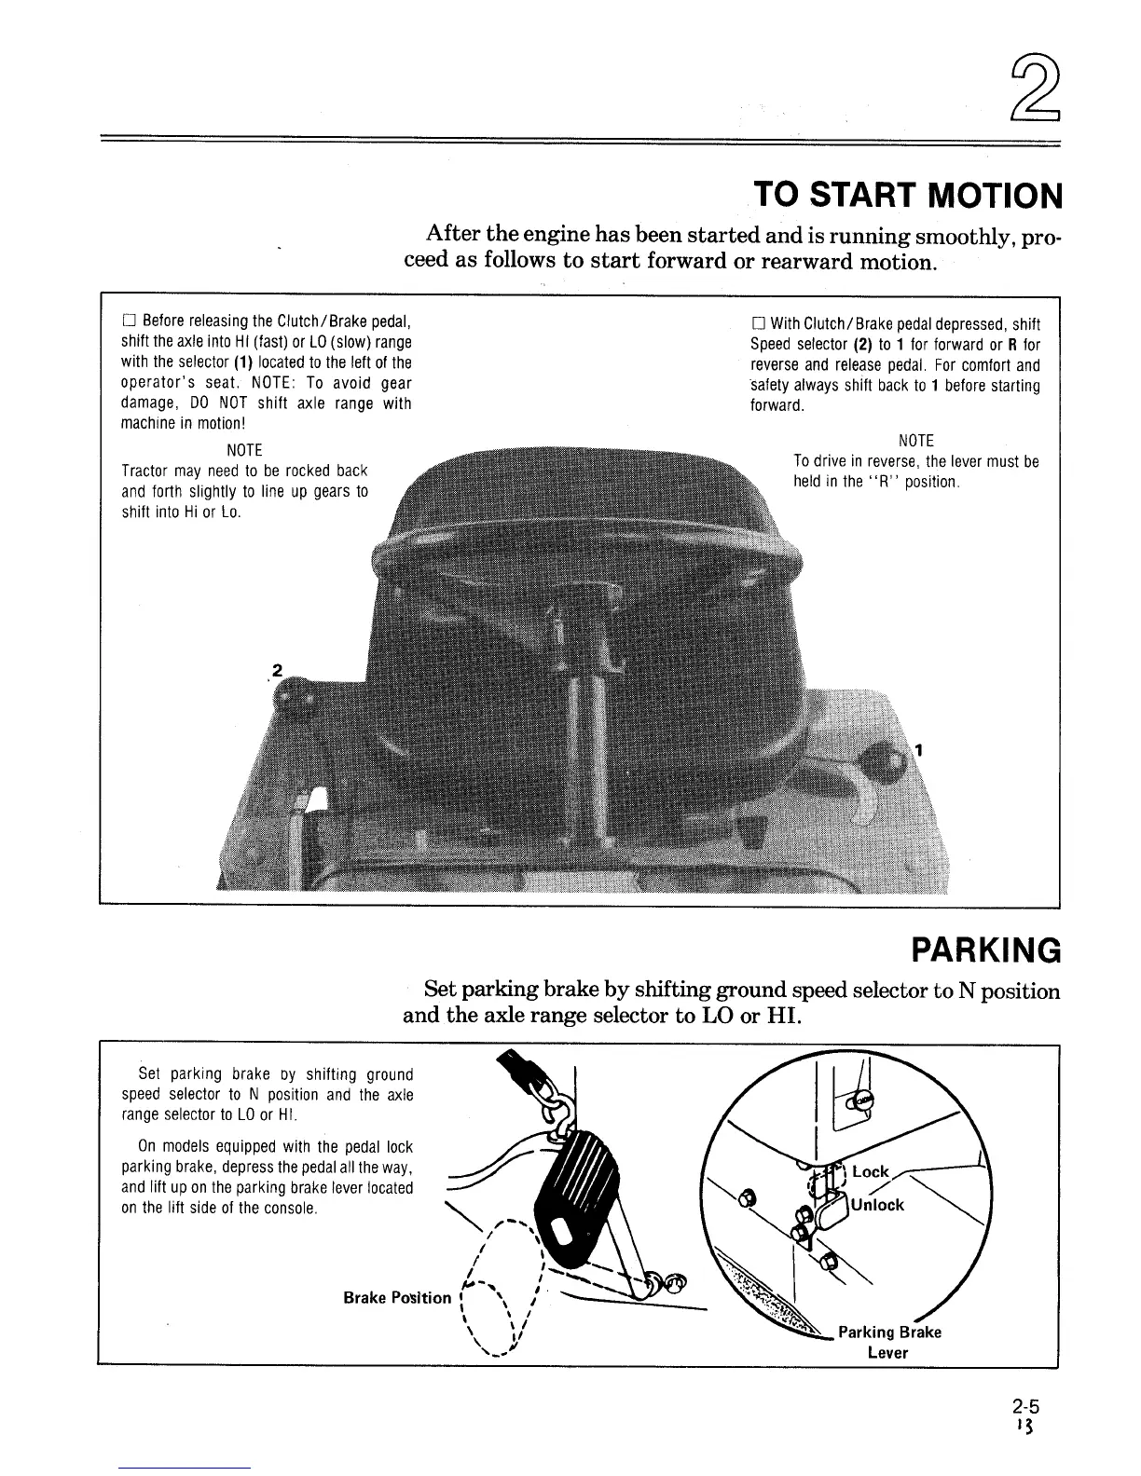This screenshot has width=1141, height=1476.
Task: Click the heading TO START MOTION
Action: click(907, 196)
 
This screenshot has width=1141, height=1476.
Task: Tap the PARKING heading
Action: click(985, 950)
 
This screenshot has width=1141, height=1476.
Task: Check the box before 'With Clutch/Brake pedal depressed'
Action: click(758, 324)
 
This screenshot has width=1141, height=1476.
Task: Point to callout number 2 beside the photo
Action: click(276, 670)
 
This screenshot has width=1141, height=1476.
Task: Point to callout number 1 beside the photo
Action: click(918, 749)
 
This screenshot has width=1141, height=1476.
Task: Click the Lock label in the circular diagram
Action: click(871, 1171)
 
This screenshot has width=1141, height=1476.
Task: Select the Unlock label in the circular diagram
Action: click(876, 1205)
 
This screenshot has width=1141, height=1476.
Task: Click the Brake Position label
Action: click(397, 1297)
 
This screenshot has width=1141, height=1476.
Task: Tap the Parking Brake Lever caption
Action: click(888, 1342)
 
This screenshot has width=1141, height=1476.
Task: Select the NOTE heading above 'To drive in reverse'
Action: click(915, 441)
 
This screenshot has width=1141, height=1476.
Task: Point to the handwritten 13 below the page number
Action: click(1029, 1428)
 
